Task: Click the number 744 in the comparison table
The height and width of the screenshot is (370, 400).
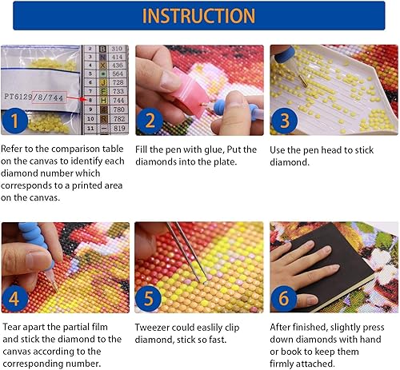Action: point(117,100)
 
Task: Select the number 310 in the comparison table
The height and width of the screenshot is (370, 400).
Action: point(117,49)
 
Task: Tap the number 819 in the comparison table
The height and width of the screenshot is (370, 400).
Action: point(117,127)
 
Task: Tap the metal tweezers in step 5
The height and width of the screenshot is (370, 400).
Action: point(187,252)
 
